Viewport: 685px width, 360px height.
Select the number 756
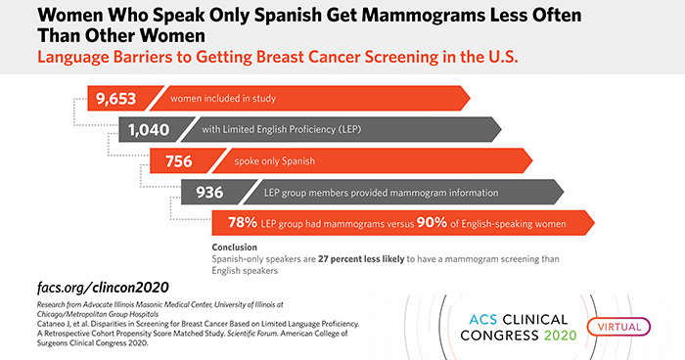click(177, 160)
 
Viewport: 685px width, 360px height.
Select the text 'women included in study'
click(223, 98)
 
